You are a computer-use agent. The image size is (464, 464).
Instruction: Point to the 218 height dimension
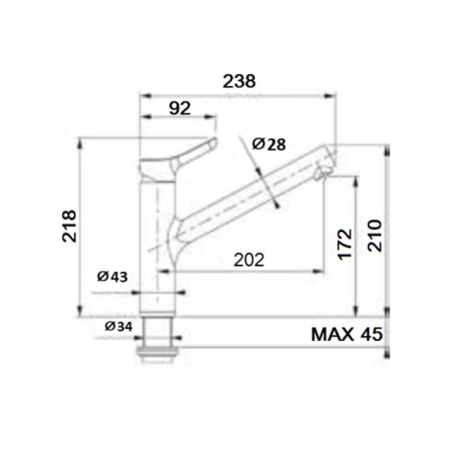click(x=68, y=227)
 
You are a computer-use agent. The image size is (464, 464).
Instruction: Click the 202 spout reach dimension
click(x=247, y=261)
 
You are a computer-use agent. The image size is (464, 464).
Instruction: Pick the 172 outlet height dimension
click(x=344, y=243)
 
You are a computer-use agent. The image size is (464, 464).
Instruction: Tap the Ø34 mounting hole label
click(x=118, y=326)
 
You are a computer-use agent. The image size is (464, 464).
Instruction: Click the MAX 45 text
click(x=346, y=334)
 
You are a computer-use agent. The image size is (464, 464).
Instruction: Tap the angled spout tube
click(x=247, y=194)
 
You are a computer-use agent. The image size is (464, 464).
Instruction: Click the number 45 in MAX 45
click(x=369, y=334)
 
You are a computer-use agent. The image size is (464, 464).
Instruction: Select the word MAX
click(x=332, y=334)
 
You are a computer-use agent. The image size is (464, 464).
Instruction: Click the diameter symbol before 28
click(x=258, y=144)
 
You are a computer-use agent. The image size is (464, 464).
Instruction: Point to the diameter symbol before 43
click(x=103, y=277)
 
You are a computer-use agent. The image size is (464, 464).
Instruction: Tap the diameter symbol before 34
click(x=109, y=326)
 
